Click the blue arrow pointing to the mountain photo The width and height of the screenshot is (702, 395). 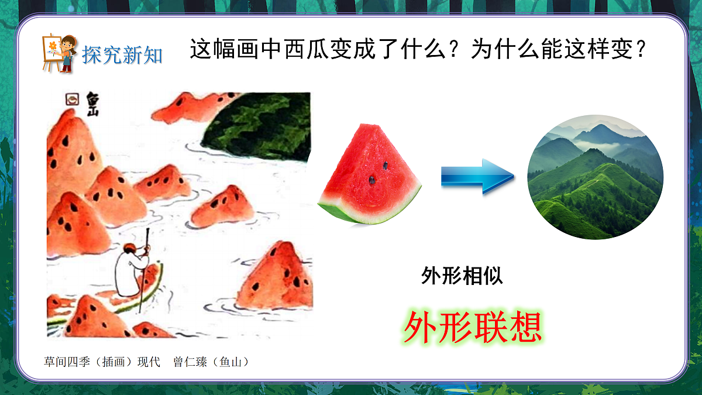(x=477, y=176)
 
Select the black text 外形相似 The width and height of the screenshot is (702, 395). (x=462, y=276)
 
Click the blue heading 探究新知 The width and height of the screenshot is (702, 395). (x=122, y=56)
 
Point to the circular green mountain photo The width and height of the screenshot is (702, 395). (x=596, y=177)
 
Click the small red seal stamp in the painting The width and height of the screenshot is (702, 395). (x=72, y=99)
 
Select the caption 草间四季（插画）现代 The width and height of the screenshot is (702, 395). (x=102, y=362)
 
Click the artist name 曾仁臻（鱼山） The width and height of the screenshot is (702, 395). (x=212, y=362)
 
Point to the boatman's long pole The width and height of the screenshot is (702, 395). (x=144, y=269)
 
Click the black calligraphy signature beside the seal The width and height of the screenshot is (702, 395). (x=92, y=103)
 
